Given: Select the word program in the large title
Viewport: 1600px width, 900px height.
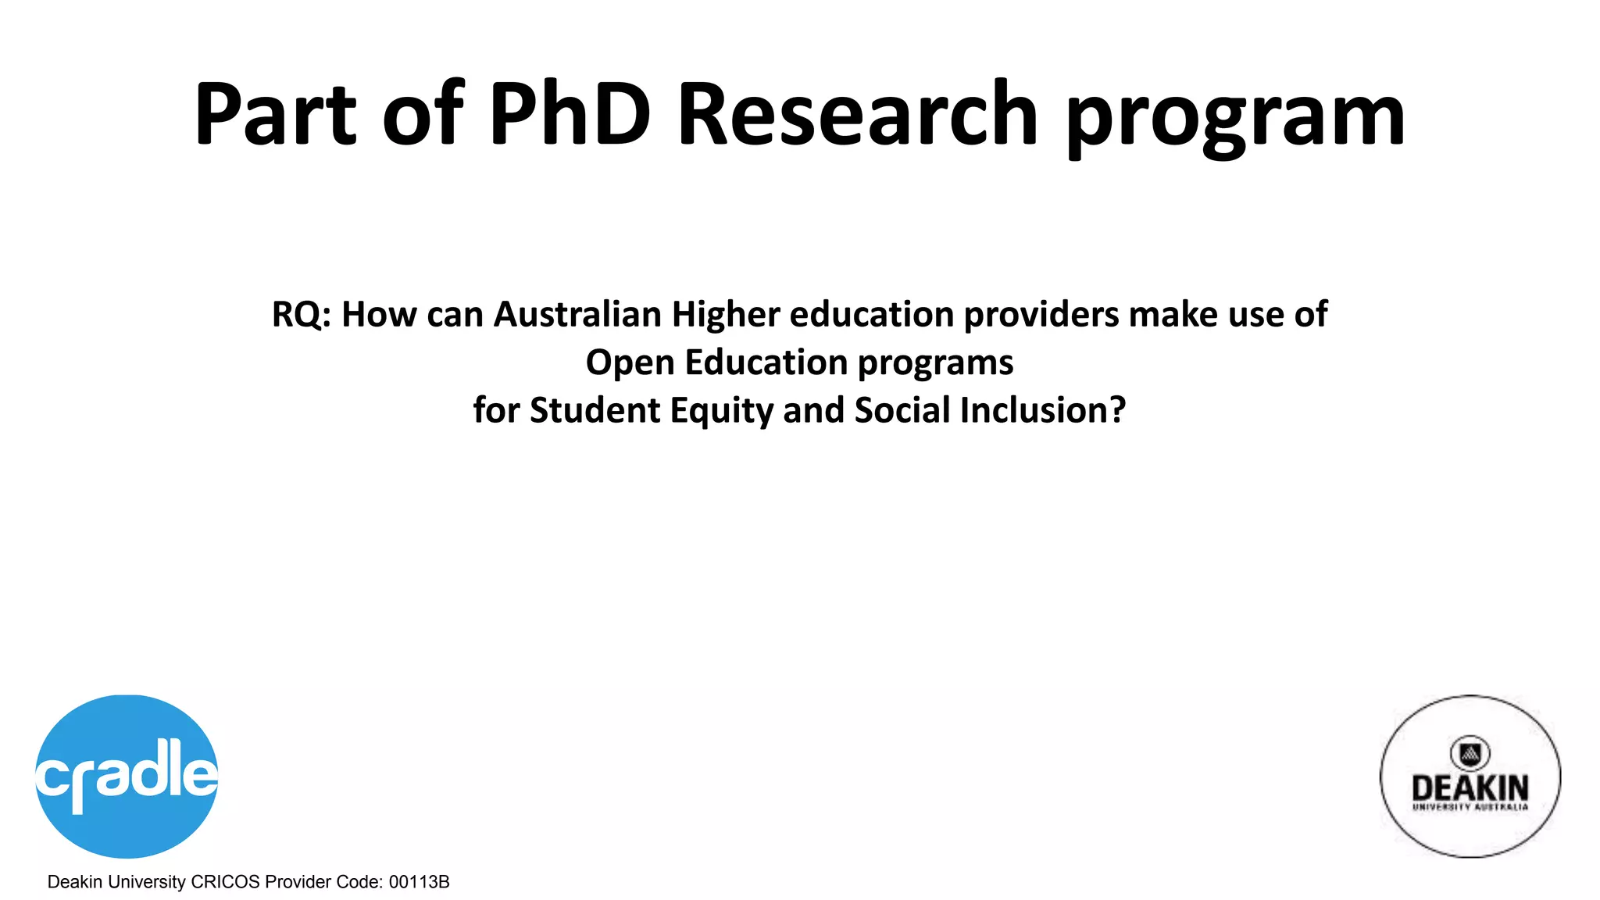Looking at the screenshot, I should click(1236, 117).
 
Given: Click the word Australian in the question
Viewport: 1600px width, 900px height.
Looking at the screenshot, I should click(577, 315).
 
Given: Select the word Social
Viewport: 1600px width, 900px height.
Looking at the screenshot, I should click(902, 410).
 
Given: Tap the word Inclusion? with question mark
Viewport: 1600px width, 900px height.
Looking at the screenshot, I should click(1043, 410).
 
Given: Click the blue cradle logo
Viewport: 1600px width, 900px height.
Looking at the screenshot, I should click(127, 776).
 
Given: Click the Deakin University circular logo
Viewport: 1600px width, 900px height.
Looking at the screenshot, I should click(1470, 776).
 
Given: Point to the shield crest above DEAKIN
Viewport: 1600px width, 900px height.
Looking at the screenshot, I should click(1470, 753).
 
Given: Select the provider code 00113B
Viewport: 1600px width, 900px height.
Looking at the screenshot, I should click(419, 882).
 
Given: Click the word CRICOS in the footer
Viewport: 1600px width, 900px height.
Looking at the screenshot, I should click(225, 882).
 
